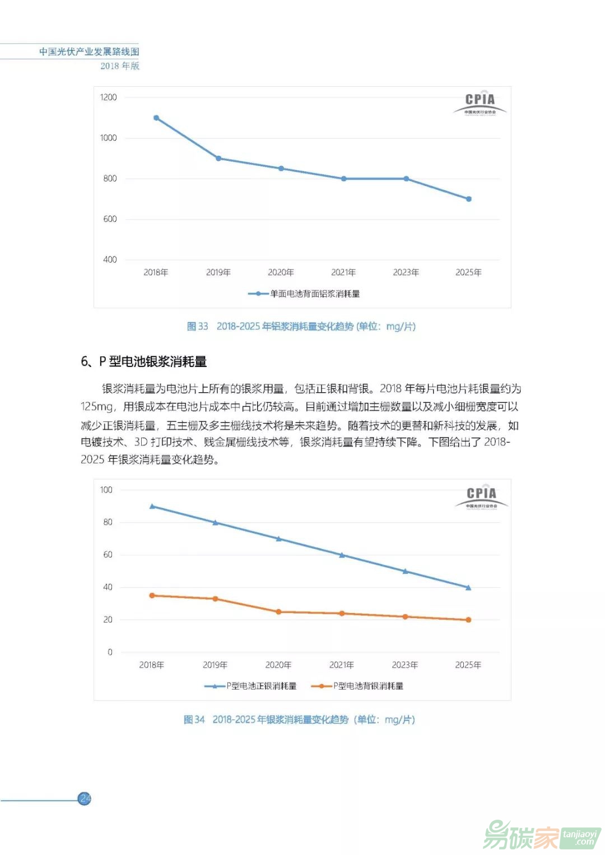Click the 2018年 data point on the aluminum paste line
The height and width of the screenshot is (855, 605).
pyautogui.click(x=156, y=118)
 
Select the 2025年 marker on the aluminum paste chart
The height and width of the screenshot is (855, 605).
pyautogui.click(x=469, y=199)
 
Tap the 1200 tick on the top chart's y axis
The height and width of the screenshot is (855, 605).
pyautogui.click(x=109, y=97)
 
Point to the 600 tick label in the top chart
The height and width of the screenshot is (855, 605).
pyautogui.click(x=110, y=219)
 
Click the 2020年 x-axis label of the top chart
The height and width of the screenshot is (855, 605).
pyautogui.click(x=281, y=272)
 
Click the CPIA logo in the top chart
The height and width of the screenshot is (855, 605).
pyautogui.click(x=480, y=103)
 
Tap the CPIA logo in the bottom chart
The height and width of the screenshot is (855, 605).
pyautogui.click(x=481, y=497)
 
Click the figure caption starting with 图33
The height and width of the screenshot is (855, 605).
pyautogui.click(x=301, y=326)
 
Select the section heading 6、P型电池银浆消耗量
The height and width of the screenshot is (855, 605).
pyautogui.click(x=144, y=361)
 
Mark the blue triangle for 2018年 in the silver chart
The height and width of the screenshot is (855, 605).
pyautogui.click(x=152, y=506)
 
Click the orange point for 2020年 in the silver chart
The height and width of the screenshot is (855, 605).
pyautogui.click(x=278, y=612)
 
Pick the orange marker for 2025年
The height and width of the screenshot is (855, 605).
pyautogui.click(x=468, y=620)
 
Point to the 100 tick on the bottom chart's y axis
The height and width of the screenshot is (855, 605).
pyautogui.click(x=106, y=490)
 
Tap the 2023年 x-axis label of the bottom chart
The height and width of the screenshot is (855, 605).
pyautogui.click(x=405, y=665)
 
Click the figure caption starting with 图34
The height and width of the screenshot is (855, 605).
pyautogui.click(x=299, y=719)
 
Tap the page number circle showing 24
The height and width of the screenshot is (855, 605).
pyautogui.click(x=85, y=798)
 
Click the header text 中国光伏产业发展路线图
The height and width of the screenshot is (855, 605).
pyautogui.click(x=89, y=52)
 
